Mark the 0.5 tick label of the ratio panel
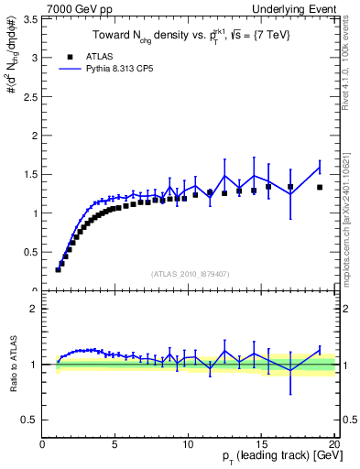point(29,420)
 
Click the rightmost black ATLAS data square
point(320,187)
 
